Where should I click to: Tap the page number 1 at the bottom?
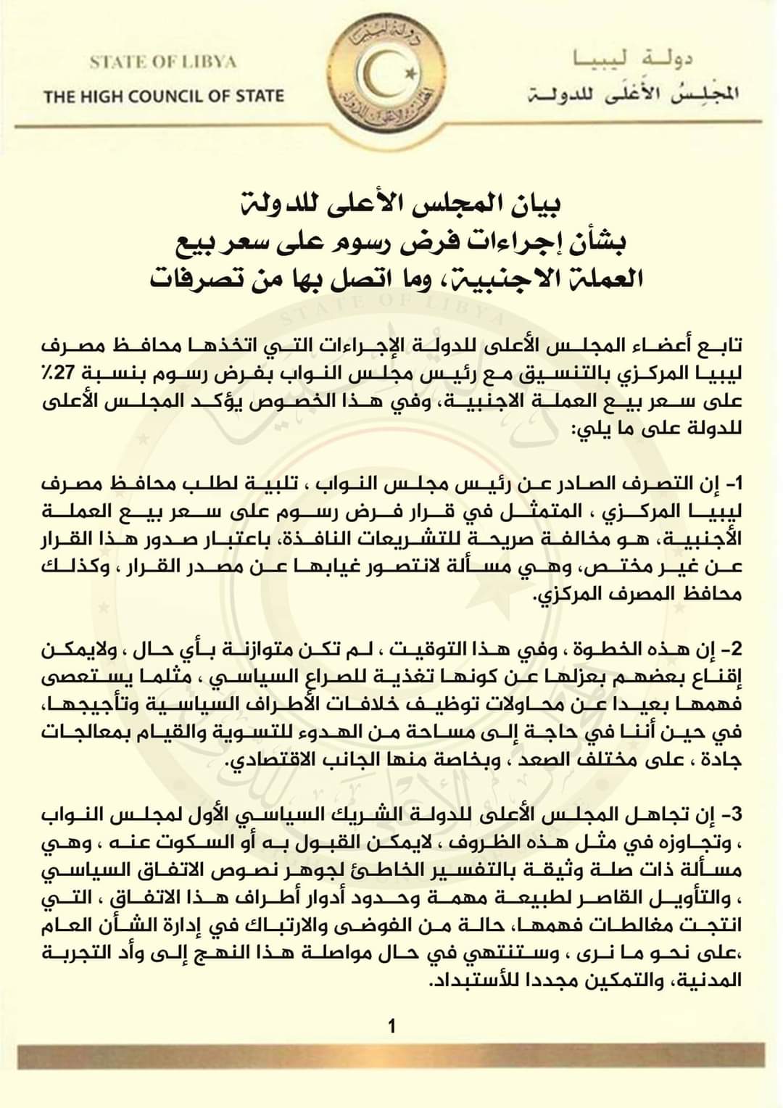(391, 1026)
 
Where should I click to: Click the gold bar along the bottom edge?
(391, 1056)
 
